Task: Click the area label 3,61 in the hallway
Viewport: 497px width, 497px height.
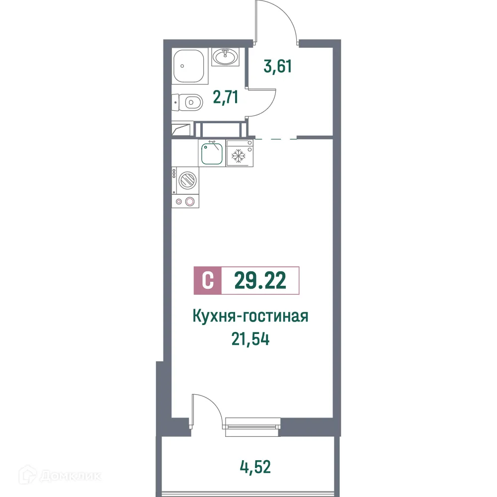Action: click(277, 66)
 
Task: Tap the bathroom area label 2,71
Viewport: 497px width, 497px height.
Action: click(226, 96)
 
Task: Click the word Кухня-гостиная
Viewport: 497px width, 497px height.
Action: click(250, 317)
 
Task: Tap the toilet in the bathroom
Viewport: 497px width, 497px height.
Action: click(189, 103)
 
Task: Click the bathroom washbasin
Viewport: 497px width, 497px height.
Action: click(226, 57)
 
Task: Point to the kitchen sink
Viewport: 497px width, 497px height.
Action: click(212, 153)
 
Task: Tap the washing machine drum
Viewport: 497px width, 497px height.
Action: click(188, 180)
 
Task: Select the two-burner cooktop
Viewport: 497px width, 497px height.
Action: click(185, 201)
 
